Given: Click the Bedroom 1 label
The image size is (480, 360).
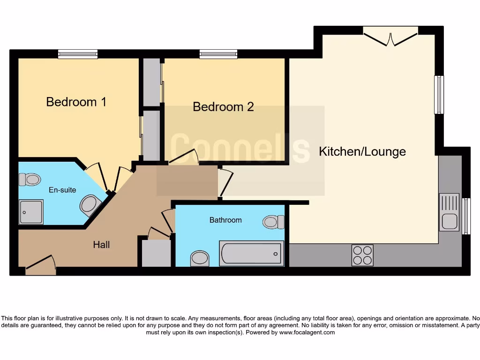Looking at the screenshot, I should click(x=76, y=102).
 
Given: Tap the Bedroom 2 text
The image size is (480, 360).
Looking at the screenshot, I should click(x=223, y=107).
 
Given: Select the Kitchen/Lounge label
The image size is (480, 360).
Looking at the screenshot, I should click(x=362, y=152).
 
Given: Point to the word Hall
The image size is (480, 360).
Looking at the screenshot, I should click(x=101, y=244).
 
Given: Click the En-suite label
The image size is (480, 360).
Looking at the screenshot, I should click(x=62, y=190).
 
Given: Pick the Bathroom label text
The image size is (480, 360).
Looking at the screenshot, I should click(x=225, y=220).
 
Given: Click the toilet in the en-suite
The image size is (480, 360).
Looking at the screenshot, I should click(x=30, y=179).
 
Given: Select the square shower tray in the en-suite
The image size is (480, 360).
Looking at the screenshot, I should click(x=31, y=211).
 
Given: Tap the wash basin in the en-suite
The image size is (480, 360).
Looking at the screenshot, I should click(x=90, y=205).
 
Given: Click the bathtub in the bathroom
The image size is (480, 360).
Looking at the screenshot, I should click(x=252, y=253).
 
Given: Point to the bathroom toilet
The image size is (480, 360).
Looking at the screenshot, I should click(x=273, y=222).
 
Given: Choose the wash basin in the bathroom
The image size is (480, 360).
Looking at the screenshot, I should click(x=200, y=258).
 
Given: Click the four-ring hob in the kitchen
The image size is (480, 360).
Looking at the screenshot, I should click(x=362, y=255).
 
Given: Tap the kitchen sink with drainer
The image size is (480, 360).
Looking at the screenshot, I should click(x=449, y=212).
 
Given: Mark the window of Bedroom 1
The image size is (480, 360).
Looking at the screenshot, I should click(x=78, y=54).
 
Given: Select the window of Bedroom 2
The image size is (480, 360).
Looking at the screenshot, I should click(x=218, y=54).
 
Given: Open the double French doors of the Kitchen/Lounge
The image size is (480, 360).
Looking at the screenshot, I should click(x=390, y=37).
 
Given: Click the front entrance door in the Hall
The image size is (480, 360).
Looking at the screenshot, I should click(x=41, y=265).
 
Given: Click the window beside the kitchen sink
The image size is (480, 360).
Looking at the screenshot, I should click(x=466, y=216).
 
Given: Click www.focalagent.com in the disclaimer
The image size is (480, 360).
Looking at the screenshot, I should click(x=307, y=332).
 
